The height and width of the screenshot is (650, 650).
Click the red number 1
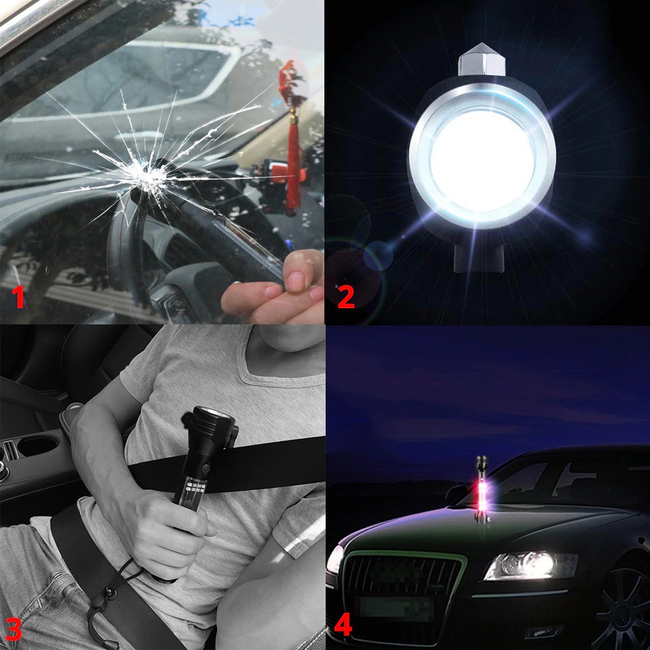click(18, 297)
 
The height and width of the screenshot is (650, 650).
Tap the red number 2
click(346, 296)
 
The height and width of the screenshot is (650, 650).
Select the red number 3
click(13, 629)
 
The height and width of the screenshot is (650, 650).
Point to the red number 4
click(343, 625)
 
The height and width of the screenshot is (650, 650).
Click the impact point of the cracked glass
click(146, 176)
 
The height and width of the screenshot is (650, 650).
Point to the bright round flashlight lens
click(482, 161)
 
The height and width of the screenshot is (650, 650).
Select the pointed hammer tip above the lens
click(481, 59)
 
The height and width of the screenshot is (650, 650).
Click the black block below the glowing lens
click(480, 258)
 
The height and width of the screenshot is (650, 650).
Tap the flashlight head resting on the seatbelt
click(210, 427)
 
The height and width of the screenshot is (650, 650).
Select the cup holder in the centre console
click(38, 447)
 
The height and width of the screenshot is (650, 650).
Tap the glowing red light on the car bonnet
click(481, 489)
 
